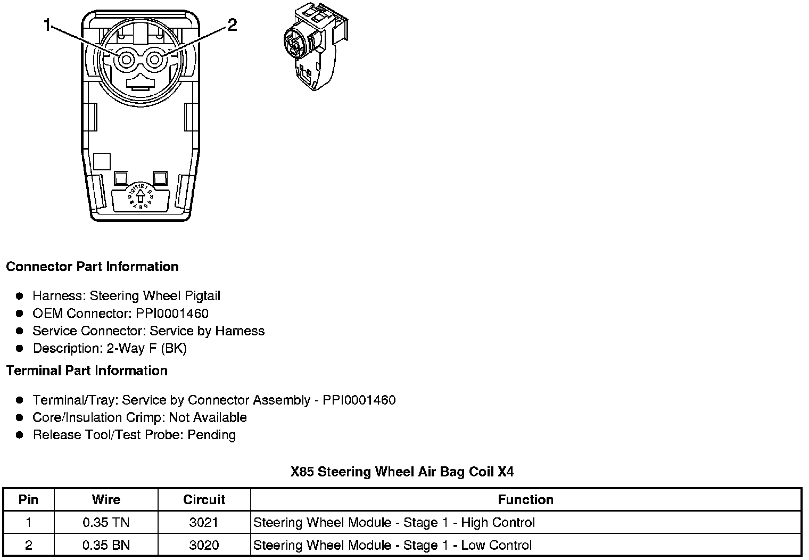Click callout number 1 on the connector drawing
pos(48,25)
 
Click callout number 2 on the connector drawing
pos(232,25)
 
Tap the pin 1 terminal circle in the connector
pos(126,60)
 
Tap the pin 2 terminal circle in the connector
pos(154,60)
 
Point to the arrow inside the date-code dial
pos(140,197)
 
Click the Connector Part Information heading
pos(92,267)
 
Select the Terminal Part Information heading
pos(87,371)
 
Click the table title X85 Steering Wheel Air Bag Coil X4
pos(402,472)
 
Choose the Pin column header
pos(28,500)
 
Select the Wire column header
pos(106,500)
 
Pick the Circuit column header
pos(204,500)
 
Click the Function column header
pos(525,500)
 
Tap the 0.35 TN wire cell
pos(106,523)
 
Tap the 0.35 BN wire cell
pos(106,546)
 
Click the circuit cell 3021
pos(204,523)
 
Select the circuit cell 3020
pos(204,546)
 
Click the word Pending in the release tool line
pos(212,435)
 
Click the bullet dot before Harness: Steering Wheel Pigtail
pos(20,296)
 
